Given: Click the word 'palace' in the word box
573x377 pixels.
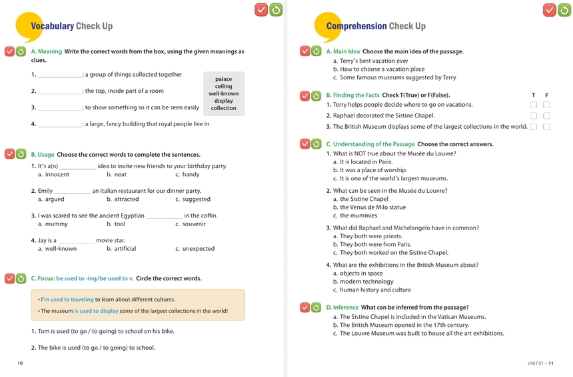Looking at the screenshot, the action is pos(223,79).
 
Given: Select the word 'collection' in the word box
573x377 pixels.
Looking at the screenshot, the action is pos(223,108).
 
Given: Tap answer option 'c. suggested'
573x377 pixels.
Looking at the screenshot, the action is pos(193,199).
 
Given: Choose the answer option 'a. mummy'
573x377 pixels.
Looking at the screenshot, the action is pos(53,224).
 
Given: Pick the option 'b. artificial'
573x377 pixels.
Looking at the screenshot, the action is pos(121,248).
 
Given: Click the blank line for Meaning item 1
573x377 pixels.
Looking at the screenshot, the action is pos(60,77).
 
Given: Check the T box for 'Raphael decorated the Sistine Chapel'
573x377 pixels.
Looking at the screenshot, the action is pos(534,115).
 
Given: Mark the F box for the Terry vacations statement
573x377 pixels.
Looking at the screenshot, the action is pos(547,105).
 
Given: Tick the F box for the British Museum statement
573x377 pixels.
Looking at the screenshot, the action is pos(547,127).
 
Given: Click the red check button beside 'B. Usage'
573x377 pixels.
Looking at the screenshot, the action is pos(9,154).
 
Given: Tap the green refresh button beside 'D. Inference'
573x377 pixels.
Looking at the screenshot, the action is pos(316,308).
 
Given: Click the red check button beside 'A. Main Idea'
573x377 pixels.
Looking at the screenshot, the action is pos(304,51).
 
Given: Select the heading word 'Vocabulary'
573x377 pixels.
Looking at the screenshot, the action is pos(52,26).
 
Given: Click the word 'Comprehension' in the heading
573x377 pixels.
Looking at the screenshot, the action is pos(356,26).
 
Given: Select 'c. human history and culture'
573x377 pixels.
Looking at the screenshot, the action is pos(372,290).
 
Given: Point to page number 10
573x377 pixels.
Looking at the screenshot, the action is pos(20,363).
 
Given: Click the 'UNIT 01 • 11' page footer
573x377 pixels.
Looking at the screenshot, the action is pos(540,364).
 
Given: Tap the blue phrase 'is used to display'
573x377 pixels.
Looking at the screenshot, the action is pos(96,311).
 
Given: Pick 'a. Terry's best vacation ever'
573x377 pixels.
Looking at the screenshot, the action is pos(370,61).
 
